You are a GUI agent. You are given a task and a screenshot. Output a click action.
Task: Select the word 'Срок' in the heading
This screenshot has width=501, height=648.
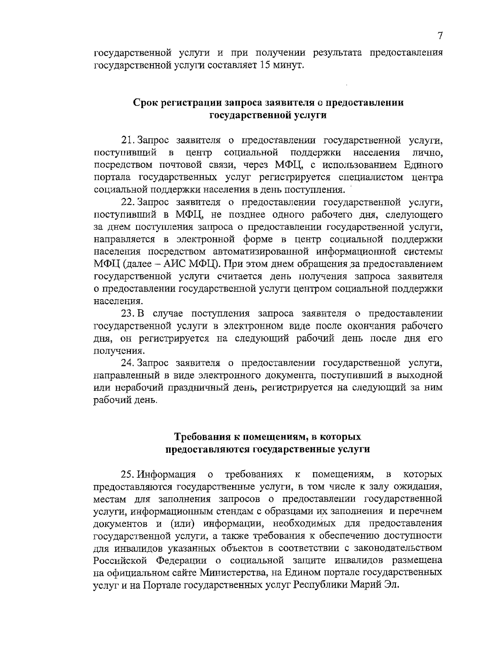[x=145, y=103]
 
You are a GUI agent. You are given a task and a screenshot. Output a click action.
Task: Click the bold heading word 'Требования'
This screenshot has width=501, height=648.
[x=202, y=437]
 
